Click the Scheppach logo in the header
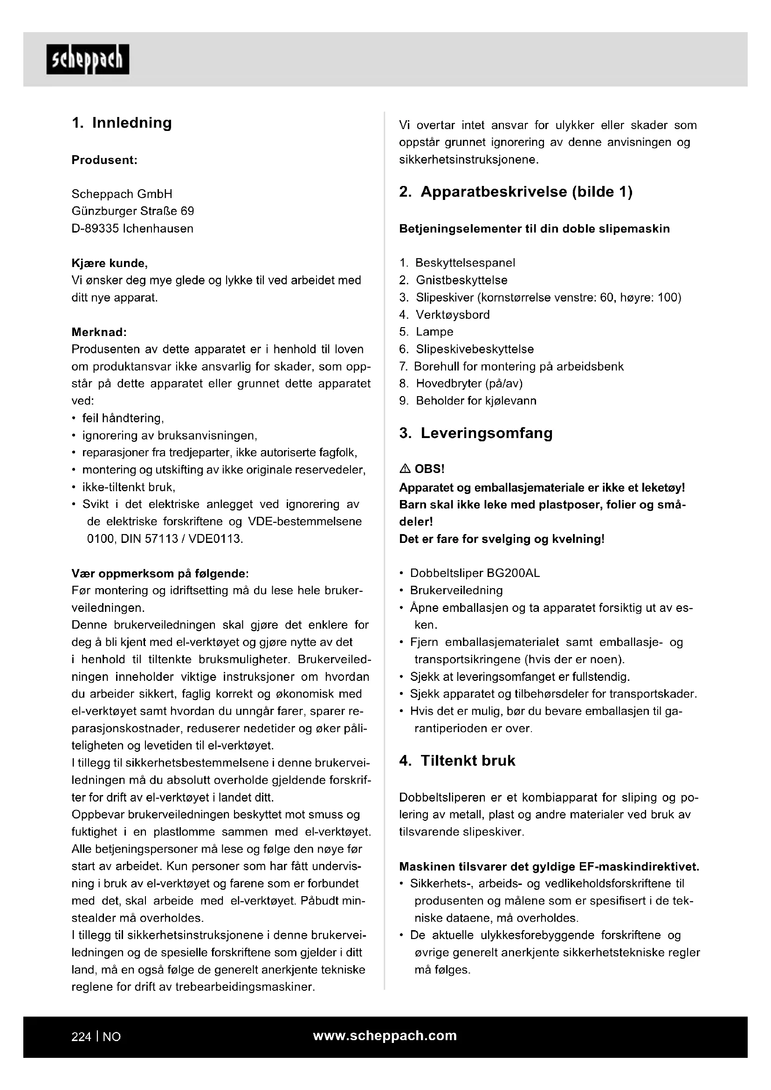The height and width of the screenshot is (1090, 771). pyautogui.click(x=88, y=59)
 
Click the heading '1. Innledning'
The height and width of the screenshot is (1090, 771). pyautogui.click(x=122, y=123)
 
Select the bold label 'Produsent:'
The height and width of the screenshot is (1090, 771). pyautogui.click(x=104, y=160)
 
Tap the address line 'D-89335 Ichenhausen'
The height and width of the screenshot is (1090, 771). pyautogui.click(x=132, y=228)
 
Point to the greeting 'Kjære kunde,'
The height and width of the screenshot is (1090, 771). pyautogui.click(x=110, y=263)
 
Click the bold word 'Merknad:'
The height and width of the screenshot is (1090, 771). pyautogui.click(x=99, y=332)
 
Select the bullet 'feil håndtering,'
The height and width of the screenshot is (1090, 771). pyautogui.click(x=123, y=418)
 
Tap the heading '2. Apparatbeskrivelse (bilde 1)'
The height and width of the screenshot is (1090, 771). pyautogui.click(x=516, y=192)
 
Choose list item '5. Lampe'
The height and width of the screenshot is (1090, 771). pyautogui.click(x=427, y=332)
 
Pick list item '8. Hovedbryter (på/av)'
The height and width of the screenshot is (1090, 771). pyautogui.click(x=461, y=383)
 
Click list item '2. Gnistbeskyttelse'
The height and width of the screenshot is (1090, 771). pyautogui.click(x=454, y=280)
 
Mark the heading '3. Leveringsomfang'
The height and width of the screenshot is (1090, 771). pyautogui.click(x=476, y=433)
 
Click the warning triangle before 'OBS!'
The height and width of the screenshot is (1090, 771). pyautogui.click(x=405, y=469)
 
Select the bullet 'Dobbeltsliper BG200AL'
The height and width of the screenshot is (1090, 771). pyautogui.click(x=475, y=573)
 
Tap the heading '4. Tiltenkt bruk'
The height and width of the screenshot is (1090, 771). pyautogui.click(x=457, y=761)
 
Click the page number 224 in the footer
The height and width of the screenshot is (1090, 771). pyautogui.click(x=81, y=1037)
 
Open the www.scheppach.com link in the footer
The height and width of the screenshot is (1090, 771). pyautogui.click(x=385, y=1036)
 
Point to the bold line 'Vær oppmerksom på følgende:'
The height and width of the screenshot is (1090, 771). pyautogui.click(x=160, y=574)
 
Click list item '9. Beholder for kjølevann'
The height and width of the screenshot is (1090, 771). pyautogui.click(x=468, y=401)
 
